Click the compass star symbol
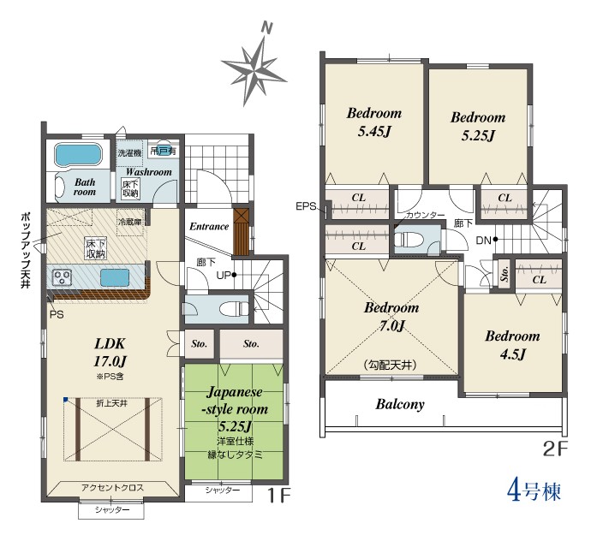tap(254, 72)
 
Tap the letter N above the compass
tap(267, 27)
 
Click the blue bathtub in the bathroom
tap(79, 154)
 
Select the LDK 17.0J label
tap(110, 353)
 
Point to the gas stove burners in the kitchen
tap(62, 276)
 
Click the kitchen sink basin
tap(115, 277)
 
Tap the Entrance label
tap(209, 226)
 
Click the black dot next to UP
tap(234, 275)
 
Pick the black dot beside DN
tap(495, 240)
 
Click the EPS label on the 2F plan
tap(306, 206)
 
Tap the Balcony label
tap(400, 404)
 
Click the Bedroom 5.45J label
tap(374, 122)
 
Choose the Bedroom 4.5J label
tap(512, 345)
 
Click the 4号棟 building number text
tap(534, 491)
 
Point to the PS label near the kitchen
tap(57, 315)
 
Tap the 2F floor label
tap(555, 449)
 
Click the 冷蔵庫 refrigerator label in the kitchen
tap(130, 222)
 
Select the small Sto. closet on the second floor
tap(504, 273)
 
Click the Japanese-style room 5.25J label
tap(235, 408)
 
